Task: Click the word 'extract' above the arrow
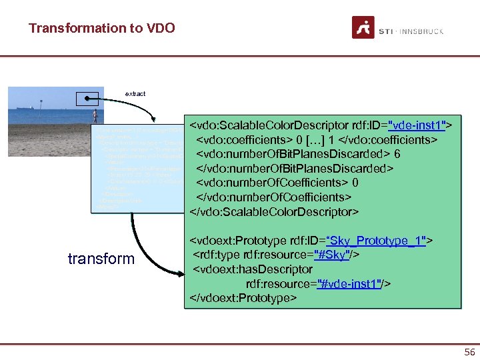click(135, 94)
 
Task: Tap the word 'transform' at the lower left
click(101, 259)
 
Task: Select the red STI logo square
click(363, 28)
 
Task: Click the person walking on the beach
click(95, 117)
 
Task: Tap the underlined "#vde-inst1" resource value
click(350, 283)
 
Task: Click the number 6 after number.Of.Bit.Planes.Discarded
click(397, 154)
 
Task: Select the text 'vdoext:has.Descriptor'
click(252, 269)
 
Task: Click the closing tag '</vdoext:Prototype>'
click(243, 297)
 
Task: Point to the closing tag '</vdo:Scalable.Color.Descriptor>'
click(275, 212)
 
